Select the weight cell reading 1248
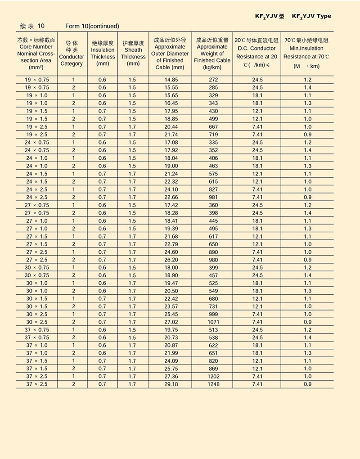213,384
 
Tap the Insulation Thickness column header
103,54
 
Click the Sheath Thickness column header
133,54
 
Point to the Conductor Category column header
72,54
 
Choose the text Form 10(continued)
92,26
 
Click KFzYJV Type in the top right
311,16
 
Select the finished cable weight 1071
213,322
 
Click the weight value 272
213,80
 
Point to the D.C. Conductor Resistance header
256,53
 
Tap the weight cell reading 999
213,314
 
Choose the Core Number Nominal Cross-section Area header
36,54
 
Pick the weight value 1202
213,376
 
